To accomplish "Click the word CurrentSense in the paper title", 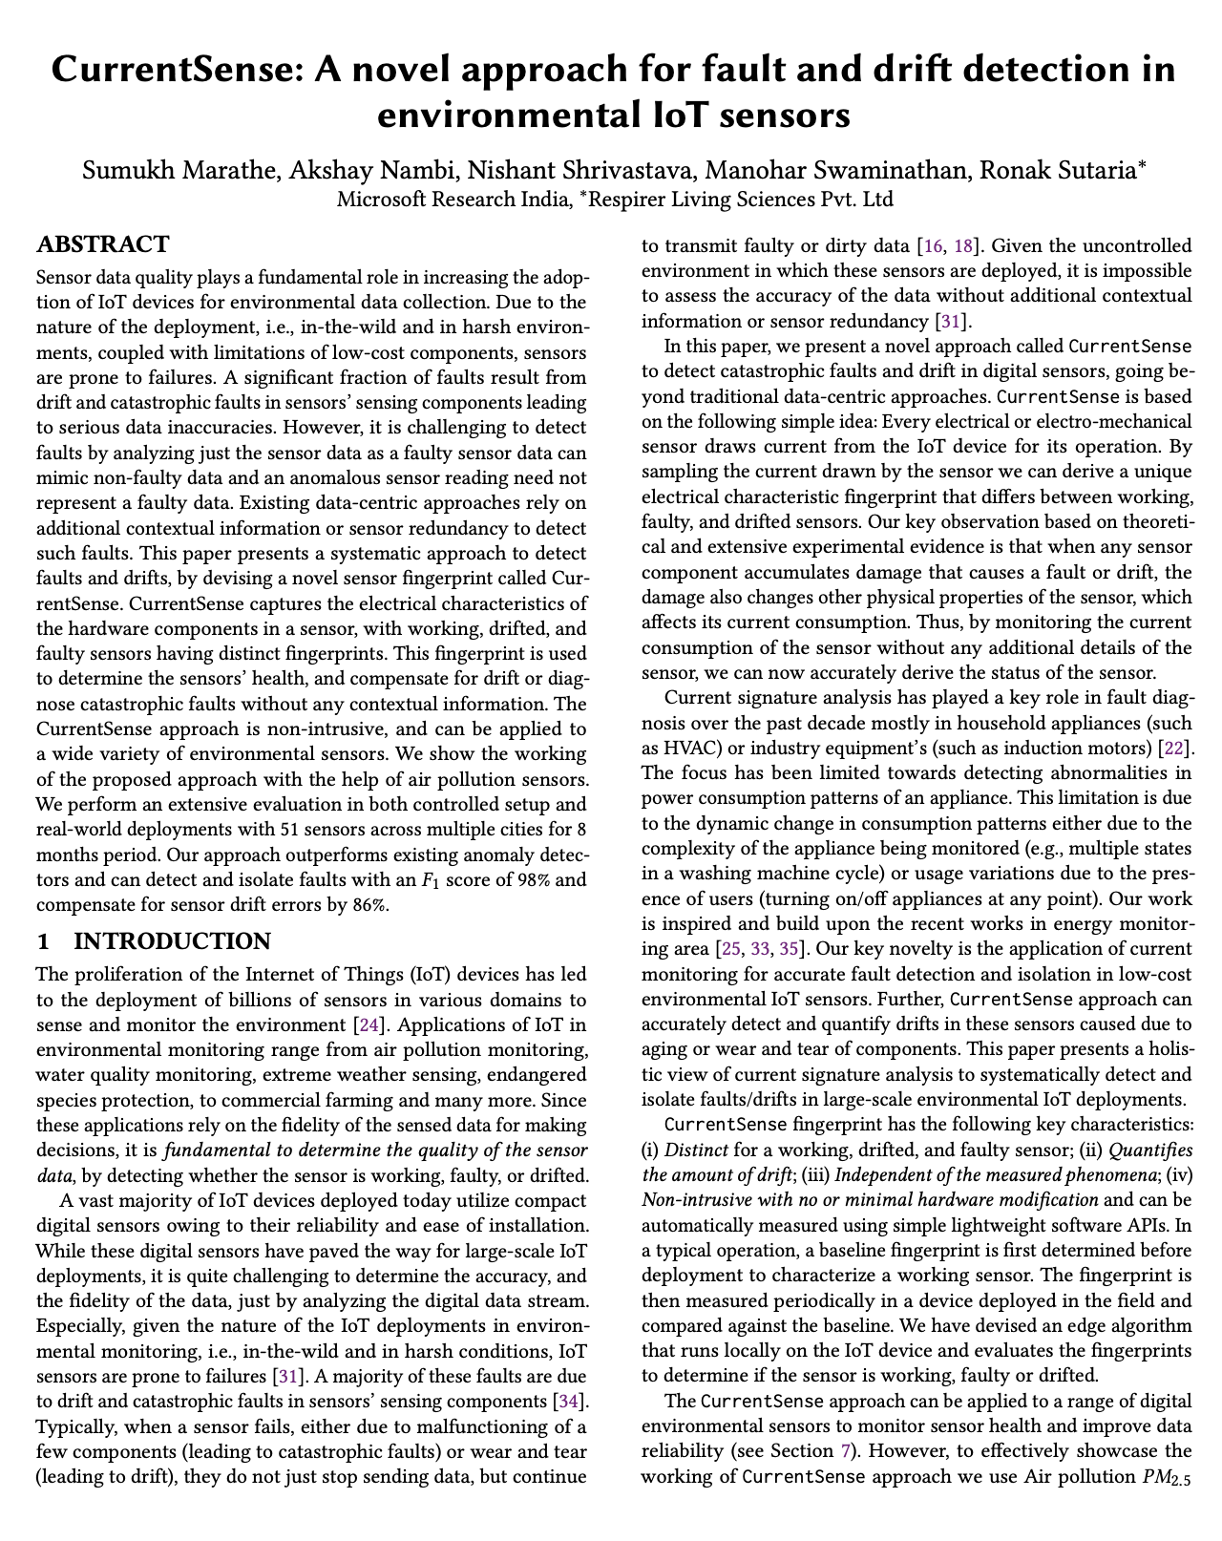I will tap(168, 72).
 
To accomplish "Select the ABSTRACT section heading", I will tap(103, 244).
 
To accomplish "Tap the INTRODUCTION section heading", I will tap(172, 941).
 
